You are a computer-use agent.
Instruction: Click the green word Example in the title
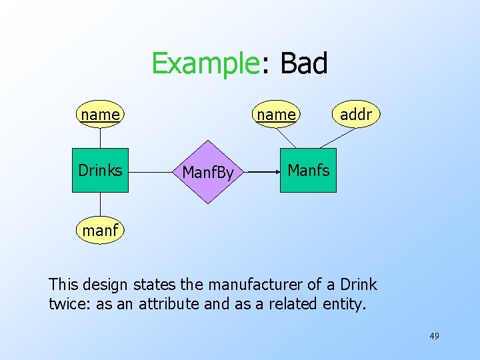click(x=205, y=64)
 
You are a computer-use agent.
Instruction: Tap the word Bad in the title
click(x=304, y=64)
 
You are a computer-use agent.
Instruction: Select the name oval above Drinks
click(x=100, y=115)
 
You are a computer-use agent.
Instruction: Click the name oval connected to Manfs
click(x=276, y=115)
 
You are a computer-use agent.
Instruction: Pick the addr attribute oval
click(x=355, y=115)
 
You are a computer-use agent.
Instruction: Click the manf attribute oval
click(x=100, y=231)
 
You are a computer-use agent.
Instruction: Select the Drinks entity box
click(x=100, y=171)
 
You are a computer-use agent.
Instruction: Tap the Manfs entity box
click(x=308, y=171)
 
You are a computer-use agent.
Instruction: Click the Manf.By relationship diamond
click(x=208, y=172)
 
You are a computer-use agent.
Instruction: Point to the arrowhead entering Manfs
click(x=275, y=171)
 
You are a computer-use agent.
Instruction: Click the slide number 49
click(x=434, y=336)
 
